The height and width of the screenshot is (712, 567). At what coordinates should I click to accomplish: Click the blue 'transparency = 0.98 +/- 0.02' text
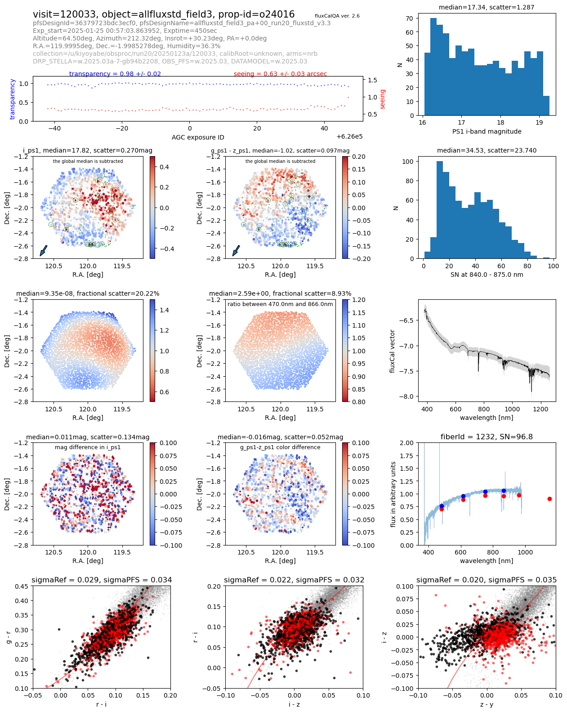tap(115, 74)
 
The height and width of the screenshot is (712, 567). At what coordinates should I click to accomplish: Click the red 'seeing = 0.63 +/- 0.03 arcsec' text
tap(280, 74)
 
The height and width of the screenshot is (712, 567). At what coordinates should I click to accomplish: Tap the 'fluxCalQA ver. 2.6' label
tap(337, 16)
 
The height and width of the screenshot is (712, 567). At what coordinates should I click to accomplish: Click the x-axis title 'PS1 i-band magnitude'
tap(487, 131)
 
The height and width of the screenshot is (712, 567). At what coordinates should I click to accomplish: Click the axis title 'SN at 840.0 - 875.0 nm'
tap(487, 275)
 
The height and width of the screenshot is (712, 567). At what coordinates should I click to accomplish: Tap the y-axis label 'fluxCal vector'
tap(393, 351)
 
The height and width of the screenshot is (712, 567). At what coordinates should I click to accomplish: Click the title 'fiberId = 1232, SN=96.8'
tap(487, 437)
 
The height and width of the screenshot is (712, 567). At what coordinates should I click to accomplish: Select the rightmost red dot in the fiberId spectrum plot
tap(549, 499)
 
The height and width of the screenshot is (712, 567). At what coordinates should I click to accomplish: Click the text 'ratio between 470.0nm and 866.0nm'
tap(280, 304)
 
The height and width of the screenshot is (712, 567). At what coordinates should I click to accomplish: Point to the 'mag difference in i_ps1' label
tap(88, 447)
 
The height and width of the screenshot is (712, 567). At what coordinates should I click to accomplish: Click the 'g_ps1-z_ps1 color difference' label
tap(280, 447)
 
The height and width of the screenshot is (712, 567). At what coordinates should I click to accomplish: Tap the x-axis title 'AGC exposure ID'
tap(198, 137)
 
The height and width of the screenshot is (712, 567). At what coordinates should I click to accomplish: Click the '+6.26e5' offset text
tap(349, 136)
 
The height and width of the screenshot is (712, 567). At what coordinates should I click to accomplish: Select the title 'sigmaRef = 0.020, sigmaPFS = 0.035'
tap(487, 580)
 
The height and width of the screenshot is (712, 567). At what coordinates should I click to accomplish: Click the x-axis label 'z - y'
tap(487, 704)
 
